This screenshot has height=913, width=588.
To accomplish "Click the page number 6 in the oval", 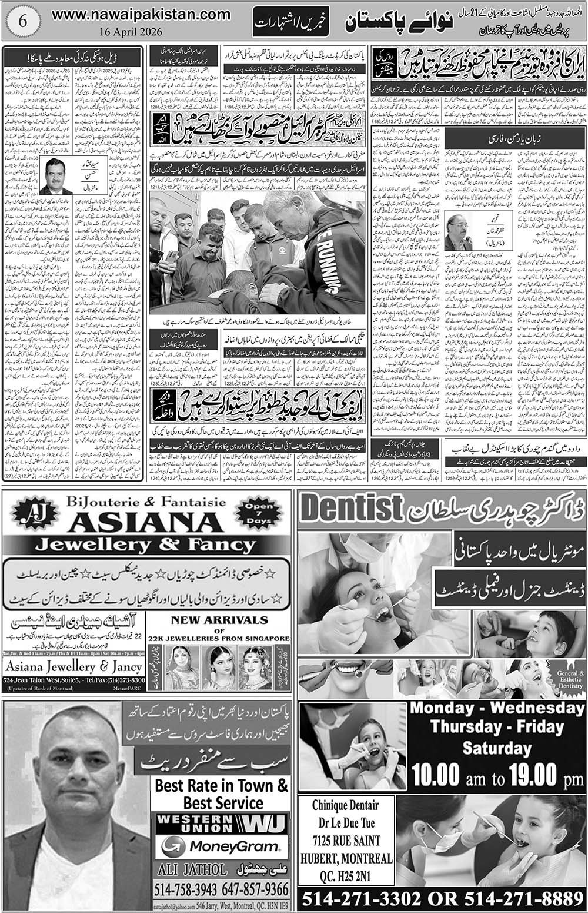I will click(x=21, y=19).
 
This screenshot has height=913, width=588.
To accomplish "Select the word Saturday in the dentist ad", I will click(x=496, y=748).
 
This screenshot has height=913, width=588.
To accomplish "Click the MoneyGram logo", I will click(x=220, y=847).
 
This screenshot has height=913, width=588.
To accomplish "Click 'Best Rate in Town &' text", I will click(x=221, y=785).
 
